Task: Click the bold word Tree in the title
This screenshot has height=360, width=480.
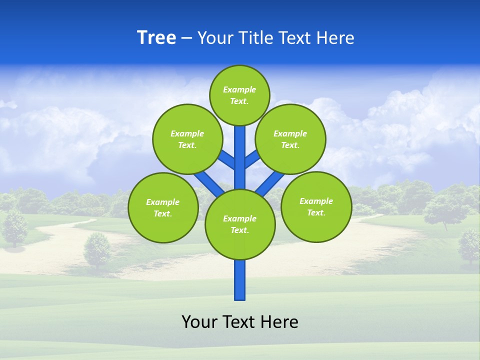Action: pos(156,38)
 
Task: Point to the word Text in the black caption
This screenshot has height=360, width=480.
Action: pos(239,321)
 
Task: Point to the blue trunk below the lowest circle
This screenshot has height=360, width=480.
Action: pos(240,280)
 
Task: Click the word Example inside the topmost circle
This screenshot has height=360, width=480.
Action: pos(239,90)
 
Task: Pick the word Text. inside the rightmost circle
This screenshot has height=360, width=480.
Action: pos(316,213)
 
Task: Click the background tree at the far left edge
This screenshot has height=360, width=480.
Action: pos(14,227)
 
